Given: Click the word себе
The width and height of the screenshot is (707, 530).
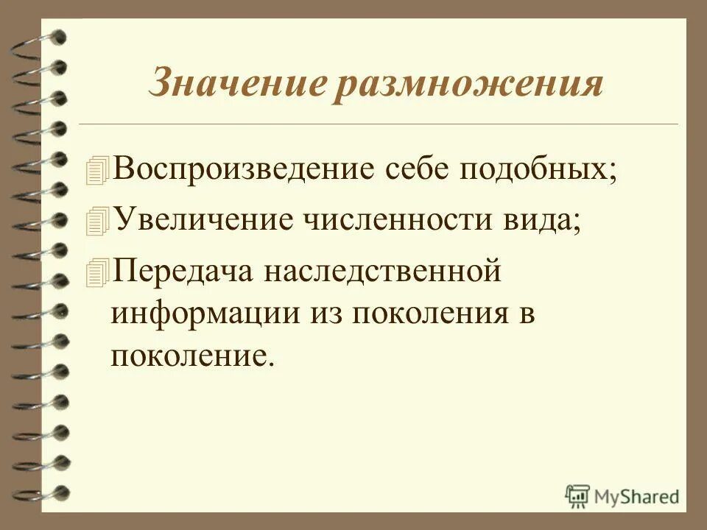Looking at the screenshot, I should [x=416, y=170].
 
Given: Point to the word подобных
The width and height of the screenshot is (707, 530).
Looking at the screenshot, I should [x=538, y=170].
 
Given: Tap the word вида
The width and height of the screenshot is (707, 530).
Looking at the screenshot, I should [x=541, y=220].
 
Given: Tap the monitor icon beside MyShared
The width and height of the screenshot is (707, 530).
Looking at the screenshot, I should [x=577, y=495].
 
